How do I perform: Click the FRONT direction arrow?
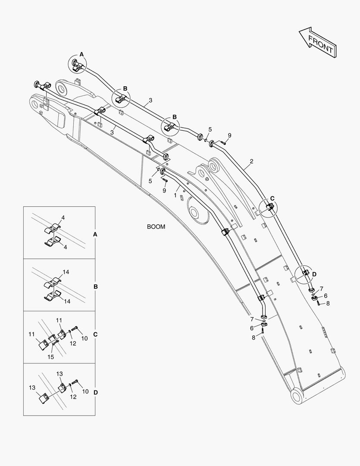[x=317, y=44]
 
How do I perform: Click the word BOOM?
[x=156, y=227]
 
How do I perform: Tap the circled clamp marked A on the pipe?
[x=78, y=65]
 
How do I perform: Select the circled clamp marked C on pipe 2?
[x=269, y=208]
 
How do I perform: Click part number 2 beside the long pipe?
[x=251, y=161]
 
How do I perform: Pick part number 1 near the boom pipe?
[x=175, y=195]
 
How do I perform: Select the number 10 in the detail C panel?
[x=85, y=338]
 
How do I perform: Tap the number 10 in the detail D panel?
[x=85, y=391]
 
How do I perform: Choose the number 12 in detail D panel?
[x=73, y=397]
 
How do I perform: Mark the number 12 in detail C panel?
[x=73, y=343]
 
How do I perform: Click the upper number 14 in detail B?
[x=66, y=272]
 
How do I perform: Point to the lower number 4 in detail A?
[x=65, y=247]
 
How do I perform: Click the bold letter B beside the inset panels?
[x=96, y=287]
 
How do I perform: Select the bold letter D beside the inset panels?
[x=96, y=392]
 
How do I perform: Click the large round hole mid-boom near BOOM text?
[x=197, y=214]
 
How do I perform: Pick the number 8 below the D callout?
[x=328, y=303]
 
